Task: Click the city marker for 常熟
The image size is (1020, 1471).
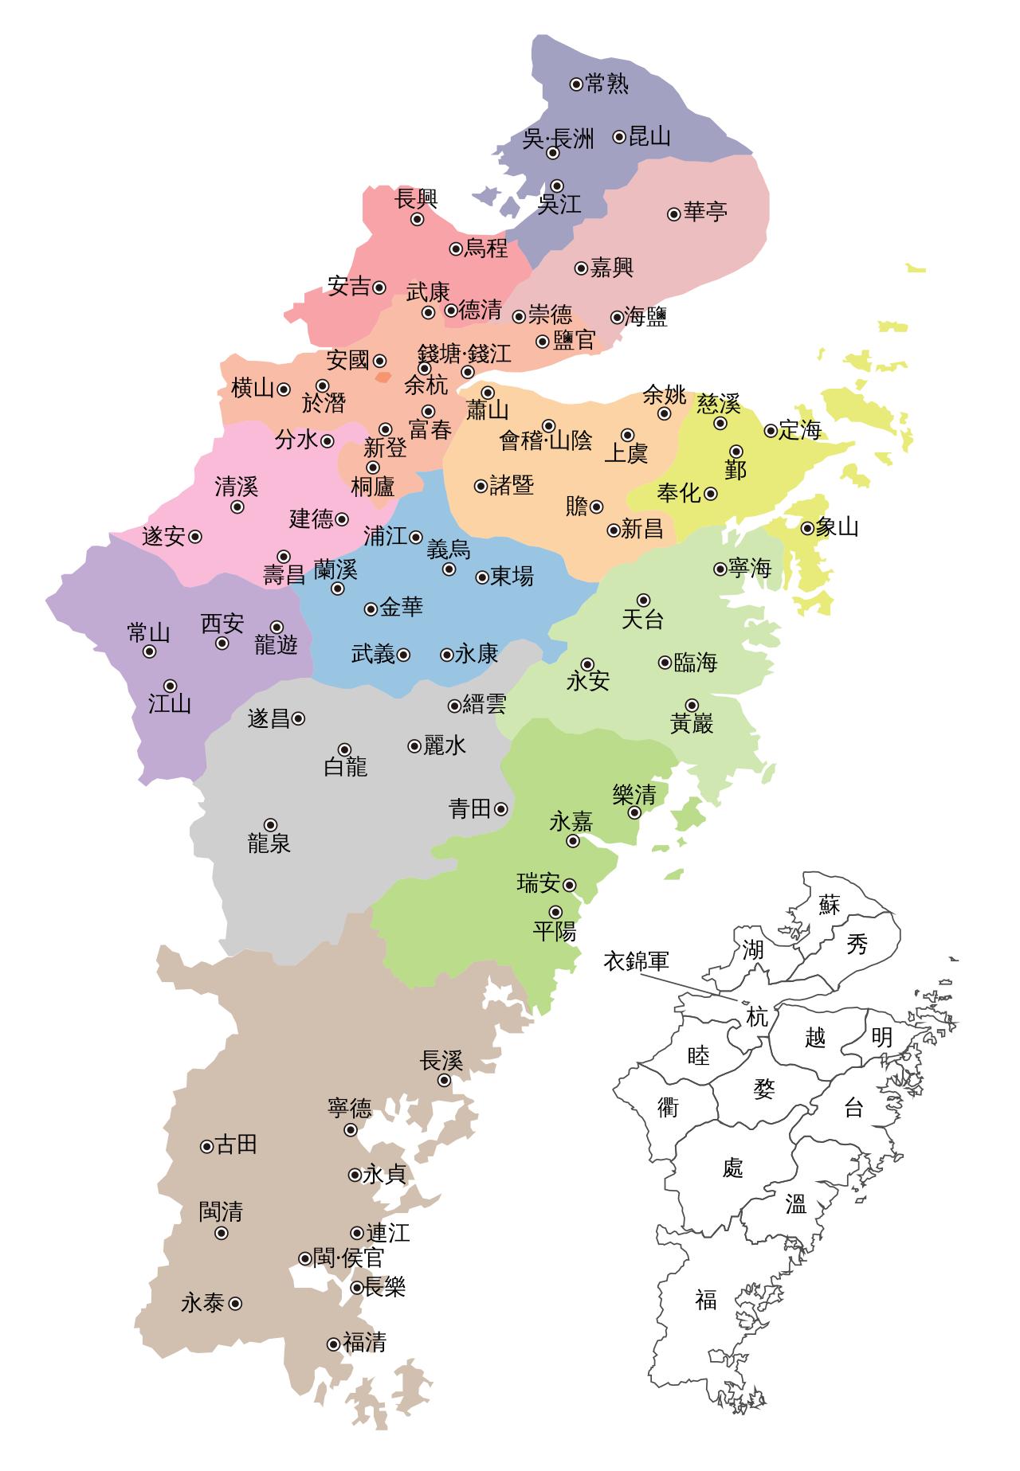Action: pyautogui.click(x=576, y=84)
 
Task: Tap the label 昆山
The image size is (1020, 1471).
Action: pyautogui.click(x=649, y=137)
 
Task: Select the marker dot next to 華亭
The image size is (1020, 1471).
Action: pyautogui.click(x=674, y=213)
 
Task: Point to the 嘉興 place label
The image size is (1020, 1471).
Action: pyautogui.click(x=611, y=268)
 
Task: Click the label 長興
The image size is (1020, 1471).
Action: pyautogui.click(x=417, y=199)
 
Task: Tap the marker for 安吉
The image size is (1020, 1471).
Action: pyautogui.click(x=379, y=288)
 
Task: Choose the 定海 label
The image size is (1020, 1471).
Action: pyautogui.click(x=799, y=431)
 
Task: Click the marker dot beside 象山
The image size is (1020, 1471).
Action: pyautogui.click(x=807, y=527)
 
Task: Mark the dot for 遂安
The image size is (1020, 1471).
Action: pyautogui.click(x=194, y=537)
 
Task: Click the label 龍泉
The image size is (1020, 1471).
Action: pyautogui.click(x=269, y=843)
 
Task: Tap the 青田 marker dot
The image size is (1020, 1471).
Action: pyautogui.click(x=500, y=809)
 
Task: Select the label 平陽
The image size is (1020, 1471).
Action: pyautogui.click(x=555, y=931)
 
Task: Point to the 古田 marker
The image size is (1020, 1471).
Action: pyautogui.click(x=206, y=1147)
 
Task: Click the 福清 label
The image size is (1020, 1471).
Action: pyautogui.click(x=364, y=1344)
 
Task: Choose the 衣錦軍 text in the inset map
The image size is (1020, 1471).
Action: pyautogui.click(x=635, y=961)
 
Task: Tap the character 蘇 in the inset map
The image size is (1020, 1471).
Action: pyautogui.click(x=830, y=905)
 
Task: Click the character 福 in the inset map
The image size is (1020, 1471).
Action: pyautogui.click(x=706, y=1300)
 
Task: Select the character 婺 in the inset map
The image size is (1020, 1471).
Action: pyautogui.click(x=763, y=1089)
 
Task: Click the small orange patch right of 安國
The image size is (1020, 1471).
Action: pyautogui.click(x=383, y=377)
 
